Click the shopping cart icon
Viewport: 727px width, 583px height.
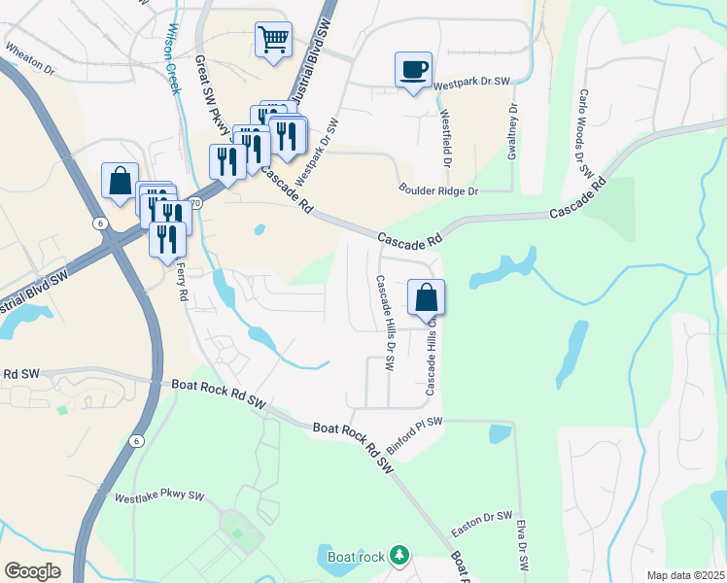[274, 40]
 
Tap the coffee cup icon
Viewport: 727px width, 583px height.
[413, 69]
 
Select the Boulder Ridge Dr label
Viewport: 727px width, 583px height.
[439, 191]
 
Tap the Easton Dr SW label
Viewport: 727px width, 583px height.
[481, 525]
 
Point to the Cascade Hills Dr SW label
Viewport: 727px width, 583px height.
[385, 322]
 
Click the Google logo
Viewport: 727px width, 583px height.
[32, 571]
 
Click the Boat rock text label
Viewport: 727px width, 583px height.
[349, 557]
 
